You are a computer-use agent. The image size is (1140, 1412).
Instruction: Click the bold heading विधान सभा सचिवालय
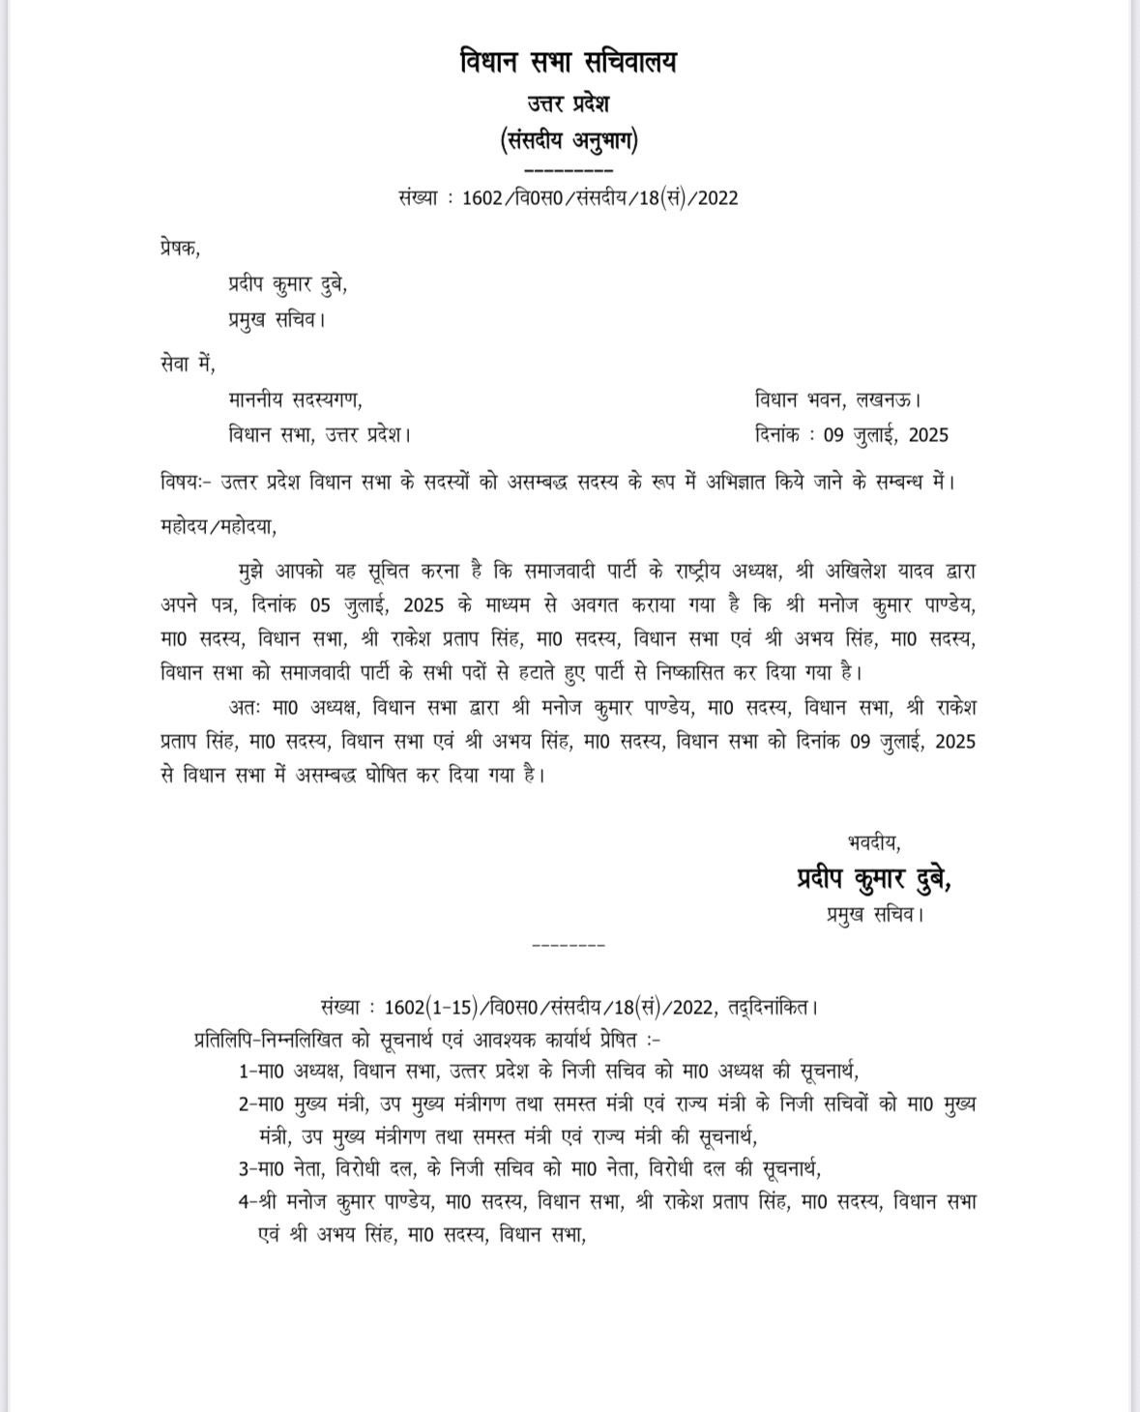(x=568, y=63)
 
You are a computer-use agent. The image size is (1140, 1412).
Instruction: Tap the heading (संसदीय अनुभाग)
(x=569, y=141)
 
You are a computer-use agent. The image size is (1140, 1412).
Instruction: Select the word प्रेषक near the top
(x=179, y=248)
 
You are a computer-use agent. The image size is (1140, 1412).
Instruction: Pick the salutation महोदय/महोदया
(x=219, y=527)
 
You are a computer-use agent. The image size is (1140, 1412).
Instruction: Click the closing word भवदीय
(x=873, y=843)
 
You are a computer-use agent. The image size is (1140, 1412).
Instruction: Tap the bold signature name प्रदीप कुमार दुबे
(x=873, y=878)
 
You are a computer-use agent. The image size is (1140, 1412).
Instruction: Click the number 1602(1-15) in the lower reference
(x=429, y=1007)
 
